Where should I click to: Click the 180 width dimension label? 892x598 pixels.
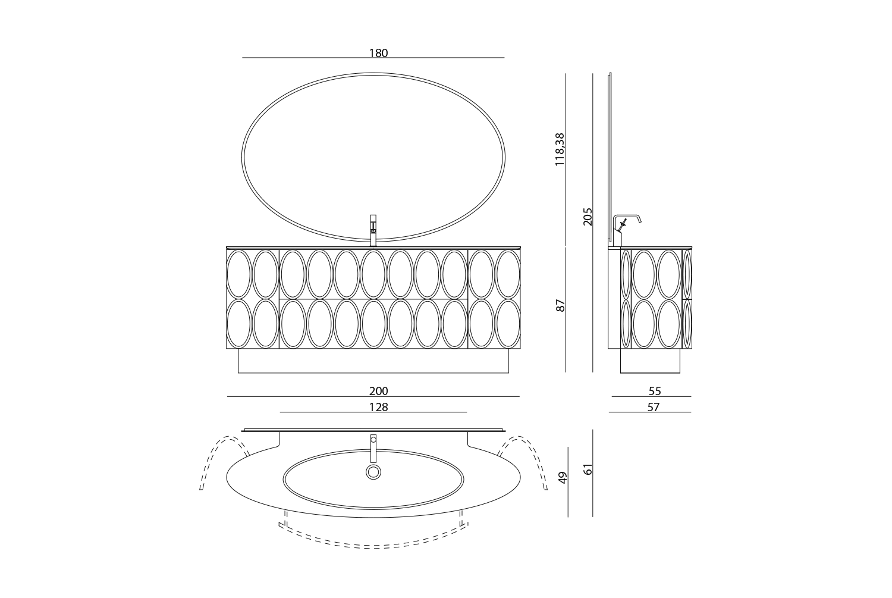coord(378,53)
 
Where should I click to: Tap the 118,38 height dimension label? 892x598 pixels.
coord(560,149)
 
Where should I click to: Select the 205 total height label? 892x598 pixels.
coord(588,217)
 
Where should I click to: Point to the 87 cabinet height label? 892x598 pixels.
coord(560,306)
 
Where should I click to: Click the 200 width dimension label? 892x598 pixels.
coord(378,392)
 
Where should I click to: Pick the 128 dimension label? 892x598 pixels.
coord(378,407)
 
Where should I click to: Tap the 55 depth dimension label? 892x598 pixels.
coord(655,392)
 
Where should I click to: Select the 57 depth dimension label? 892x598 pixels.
coord(654,407)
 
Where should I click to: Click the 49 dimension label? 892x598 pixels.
coord(563,478)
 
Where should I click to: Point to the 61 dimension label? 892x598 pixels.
coord(588,469)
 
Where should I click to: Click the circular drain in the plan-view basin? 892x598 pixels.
coord(373,472)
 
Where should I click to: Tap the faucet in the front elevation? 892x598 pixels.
coord(373,230)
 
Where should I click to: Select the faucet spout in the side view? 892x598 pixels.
coord(627,217)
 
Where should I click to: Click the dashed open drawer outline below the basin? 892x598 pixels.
coord(373,548)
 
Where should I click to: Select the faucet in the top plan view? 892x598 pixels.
coord(373,449)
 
